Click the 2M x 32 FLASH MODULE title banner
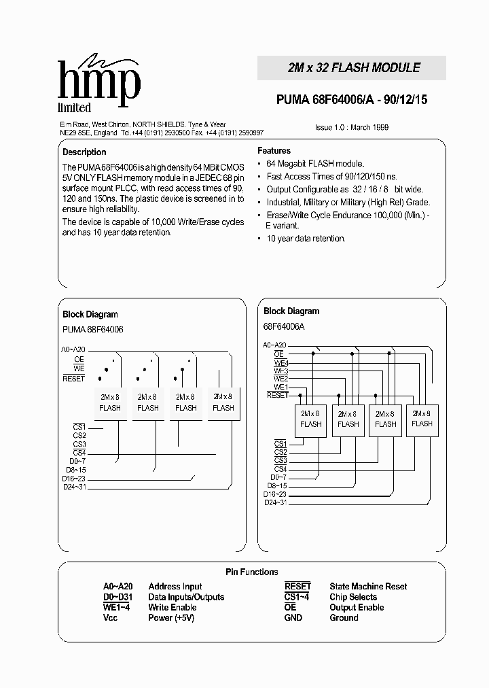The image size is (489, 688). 351,68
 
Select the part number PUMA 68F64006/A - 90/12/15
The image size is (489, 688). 352,100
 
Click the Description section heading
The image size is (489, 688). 84,152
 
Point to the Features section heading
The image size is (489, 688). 274,150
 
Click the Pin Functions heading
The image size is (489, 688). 251,572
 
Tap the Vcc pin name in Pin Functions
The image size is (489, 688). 111,617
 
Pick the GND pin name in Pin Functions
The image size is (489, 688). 293,617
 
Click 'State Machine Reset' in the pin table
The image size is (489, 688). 368,586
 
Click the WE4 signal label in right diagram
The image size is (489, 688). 280,362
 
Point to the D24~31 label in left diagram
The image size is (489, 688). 74,486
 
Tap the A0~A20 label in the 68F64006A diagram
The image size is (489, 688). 275,345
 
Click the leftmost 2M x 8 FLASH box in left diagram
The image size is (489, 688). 110,402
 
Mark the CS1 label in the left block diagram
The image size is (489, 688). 79,426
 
